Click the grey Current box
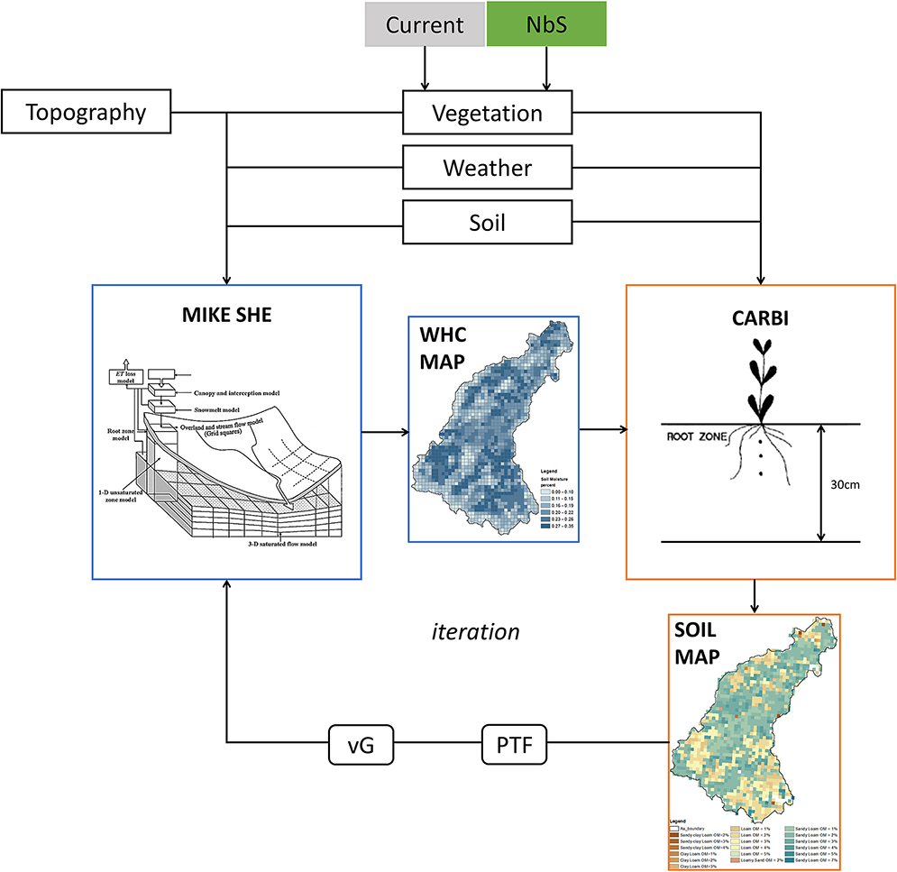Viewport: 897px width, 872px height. point(424,24)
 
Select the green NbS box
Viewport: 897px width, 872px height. point(545,24)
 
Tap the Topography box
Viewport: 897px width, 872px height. point(86,113)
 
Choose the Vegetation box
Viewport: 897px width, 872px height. point(487,114)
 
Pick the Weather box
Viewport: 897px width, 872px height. point(487,168)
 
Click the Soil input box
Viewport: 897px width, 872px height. point(487,221)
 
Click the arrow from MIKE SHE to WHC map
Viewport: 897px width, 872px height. point(384,430)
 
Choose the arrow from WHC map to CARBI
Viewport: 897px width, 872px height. point(603,430)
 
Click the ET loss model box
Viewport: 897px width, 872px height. point(121,378)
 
